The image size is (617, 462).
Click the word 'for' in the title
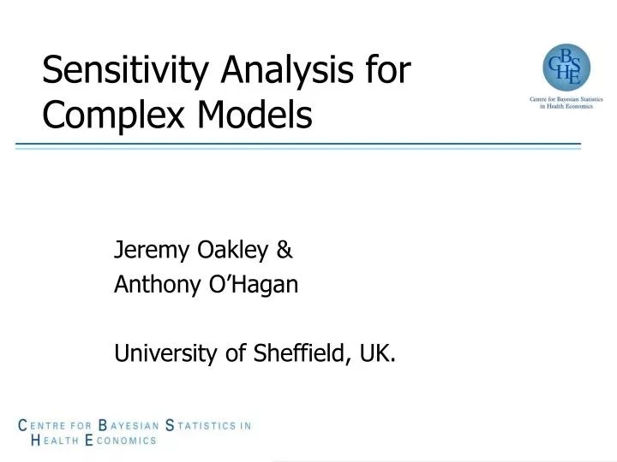(x=387, y=71)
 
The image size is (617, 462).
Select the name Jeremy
(x=141, y=252)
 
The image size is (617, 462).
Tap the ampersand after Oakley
(x=285, y=251)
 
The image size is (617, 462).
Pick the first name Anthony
(x=147, y=286)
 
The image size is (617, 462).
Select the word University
(x=159, y=352)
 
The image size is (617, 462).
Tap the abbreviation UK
(x=377, y=352)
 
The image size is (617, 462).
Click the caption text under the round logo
(x=566, y=104)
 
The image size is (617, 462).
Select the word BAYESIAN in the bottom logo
(x=129, y=424)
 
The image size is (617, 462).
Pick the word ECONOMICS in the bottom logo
(x=121, y=441)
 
